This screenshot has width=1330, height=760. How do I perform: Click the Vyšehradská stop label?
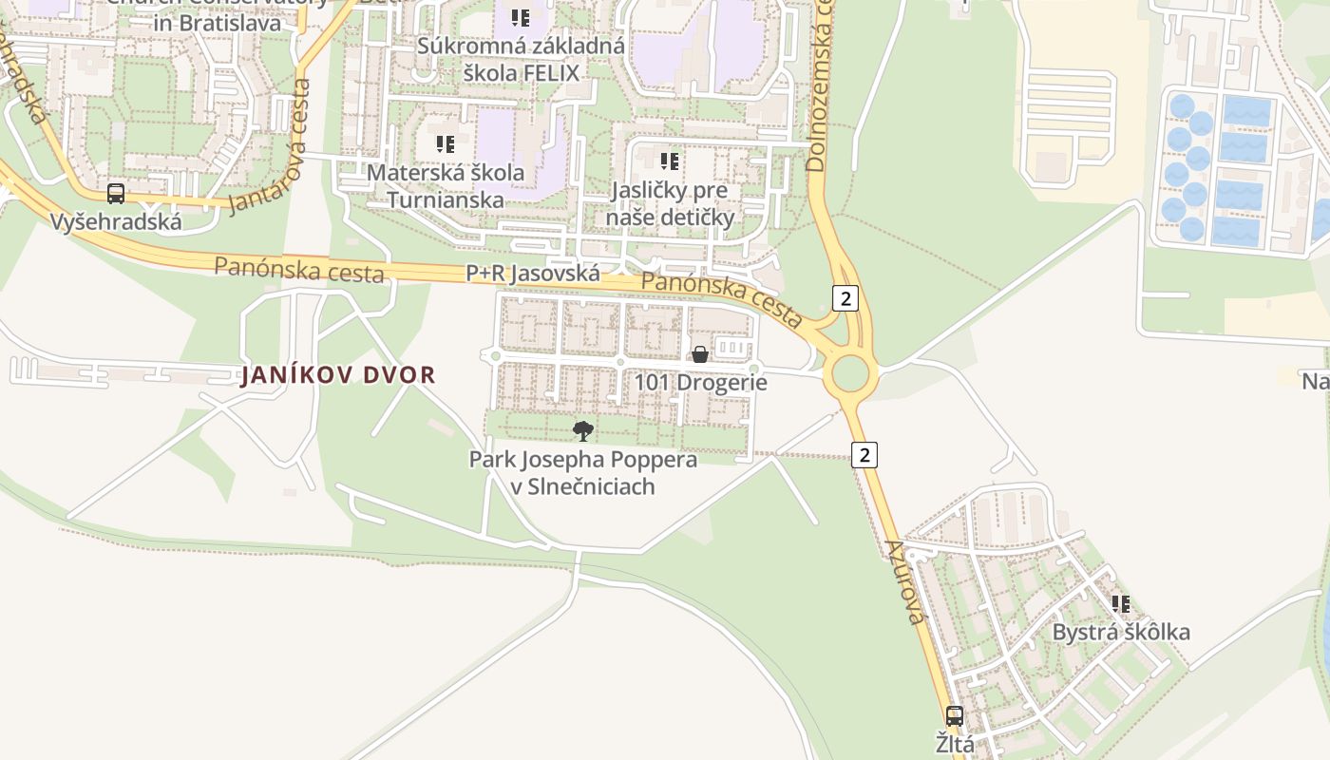tap(116, 222)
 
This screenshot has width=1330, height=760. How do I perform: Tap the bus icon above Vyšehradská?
tap(116, 194)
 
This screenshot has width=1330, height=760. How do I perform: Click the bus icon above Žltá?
tap(955, 716)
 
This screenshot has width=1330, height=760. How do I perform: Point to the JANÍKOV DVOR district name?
tap(338, 374)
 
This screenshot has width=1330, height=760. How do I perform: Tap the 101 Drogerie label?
tap(700, 383)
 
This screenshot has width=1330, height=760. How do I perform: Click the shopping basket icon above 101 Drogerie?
tap(700, 354)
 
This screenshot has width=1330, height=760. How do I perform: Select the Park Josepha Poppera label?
tap(583, 473)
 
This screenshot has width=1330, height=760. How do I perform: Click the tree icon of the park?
tap(583, 431)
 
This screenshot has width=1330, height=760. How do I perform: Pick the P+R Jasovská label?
tap(533, 274)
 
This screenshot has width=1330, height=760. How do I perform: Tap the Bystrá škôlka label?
tap(1121, 633)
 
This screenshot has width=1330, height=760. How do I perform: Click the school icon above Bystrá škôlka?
tap(1121, 603)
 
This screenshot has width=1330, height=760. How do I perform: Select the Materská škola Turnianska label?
tap(446, 186)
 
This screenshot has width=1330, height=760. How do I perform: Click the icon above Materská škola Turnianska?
tap(446, 144)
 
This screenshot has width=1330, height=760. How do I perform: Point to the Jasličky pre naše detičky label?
tap(670, 203)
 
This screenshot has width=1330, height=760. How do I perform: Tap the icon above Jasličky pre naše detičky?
tap(670, 161)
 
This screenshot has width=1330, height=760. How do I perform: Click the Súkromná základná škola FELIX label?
tap(521, 59)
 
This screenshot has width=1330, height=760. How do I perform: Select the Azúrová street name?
tap(904, 581)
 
